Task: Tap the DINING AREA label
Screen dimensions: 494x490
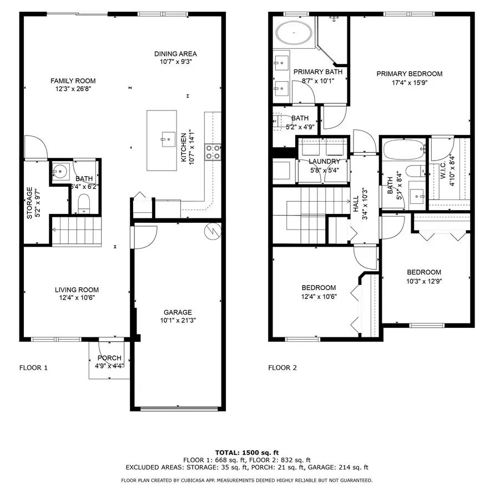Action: [x=175, y=54]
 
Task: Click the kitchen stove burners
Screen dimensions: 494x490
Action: [x=213, y=152]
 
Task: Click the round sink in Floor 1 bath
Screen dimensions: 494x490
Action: [x=60, y=169]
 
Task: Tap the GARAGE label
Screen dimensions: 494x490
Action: [x=178, y=312]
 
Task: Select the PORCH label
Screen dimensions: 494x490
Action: [x=109, y=358]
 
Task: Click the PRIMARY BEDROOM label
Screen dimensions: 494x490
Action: [x=409, y=74]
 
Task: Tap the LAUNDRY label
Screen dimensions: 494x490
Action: [x=324, y=161]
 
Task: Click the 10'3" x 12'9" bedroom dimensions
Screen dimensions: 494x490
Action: [x=424, y=281]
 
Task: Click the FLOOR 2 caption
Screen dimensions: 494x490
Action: [x=282, y=367]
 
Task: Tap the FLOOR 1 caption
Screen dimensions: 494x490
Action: [x=34, y=367]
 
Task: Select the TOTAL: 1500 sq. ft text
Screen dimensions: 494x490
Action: [x=247, y=452]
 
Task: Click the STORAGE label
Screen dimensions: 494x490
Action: [x=30, y=203]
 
